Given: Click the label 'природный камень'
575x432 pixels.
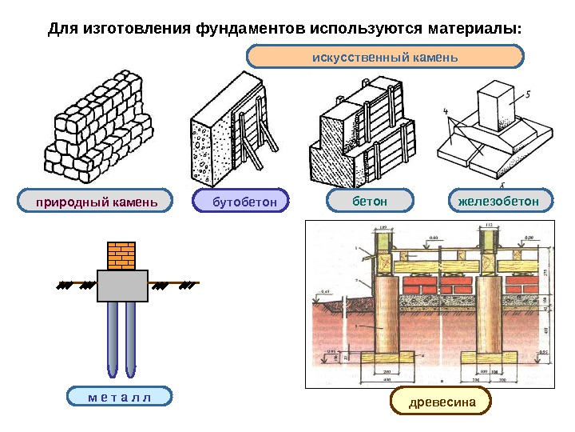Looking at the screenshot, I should click(x=95, y=202).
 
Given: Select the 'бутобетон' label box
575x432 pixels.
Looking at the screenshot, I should click(x=240, y=202).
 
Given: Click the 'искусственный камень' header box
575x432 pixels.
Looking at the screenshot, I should click(x=385, y=57).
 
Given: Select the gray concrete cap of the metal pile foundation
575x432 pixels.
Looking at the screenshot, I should click(x=122, y=286).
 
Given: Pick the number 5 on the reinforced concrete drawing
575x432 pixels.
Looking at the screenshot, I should click(x=528, y=94).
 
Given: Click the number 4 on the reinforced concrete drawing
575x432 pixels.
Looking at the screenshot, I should click(x=446, y=111).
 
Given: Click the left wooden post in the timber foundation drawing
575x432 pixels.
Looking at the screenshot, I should click(x=386, y=316).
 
